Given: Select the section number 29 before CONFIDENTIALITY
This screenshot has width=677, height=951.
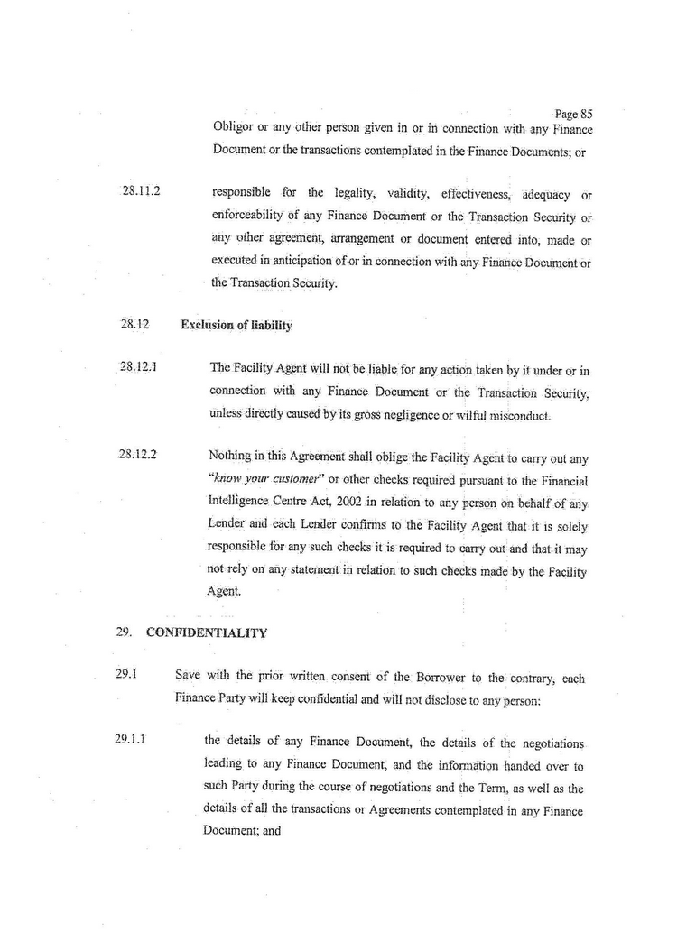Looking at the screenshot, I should click(123, 632).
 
